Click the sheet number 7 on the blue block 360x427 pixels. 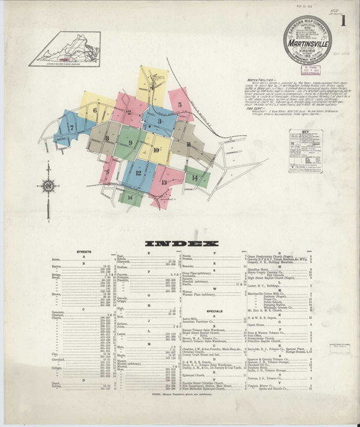coord(71,127)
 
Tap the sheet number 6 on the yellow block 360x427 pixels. coord(94,110)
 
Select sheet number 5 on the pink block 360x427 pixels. coord(179,104)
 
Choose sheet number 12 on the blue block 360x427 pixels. coord(134,173)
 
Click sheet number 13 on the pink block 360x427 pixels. coord(164,182)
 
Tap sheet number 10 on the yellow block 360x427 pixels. coord(156,150)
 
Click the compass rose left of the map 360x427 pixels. coord(48,185)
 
